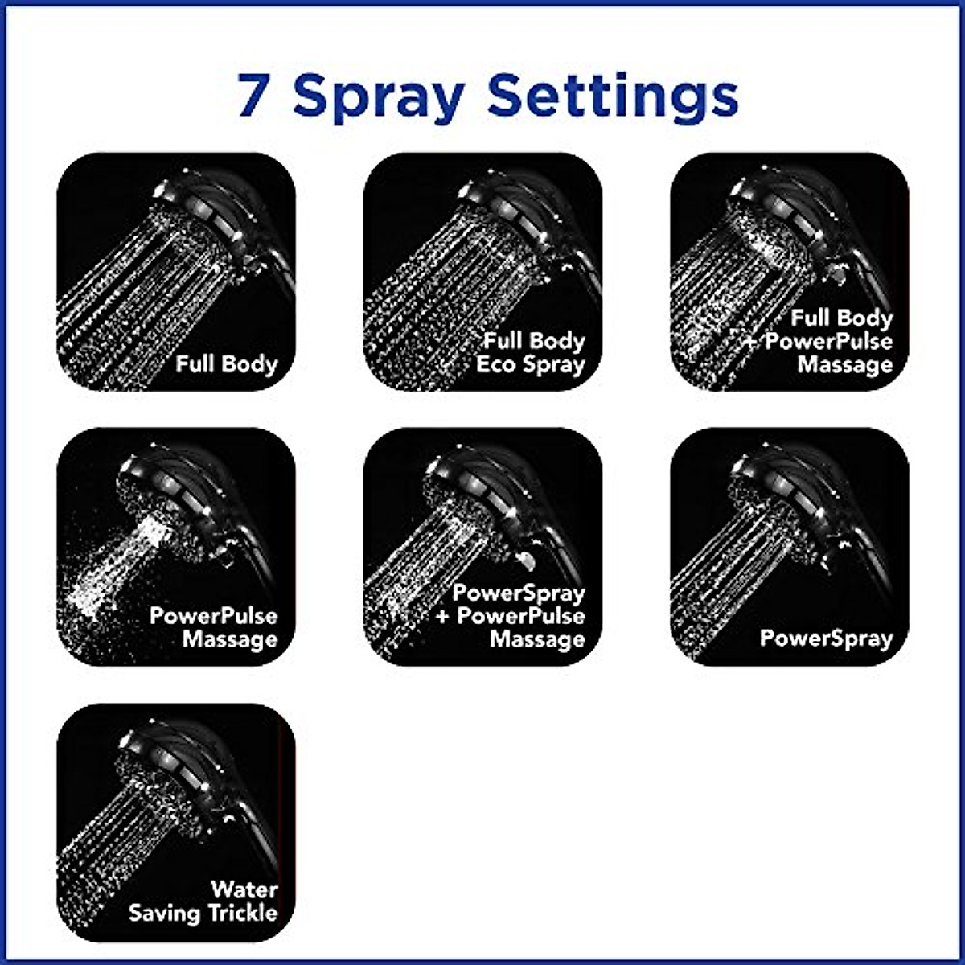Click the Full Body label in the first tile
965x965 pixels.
click(226, 363)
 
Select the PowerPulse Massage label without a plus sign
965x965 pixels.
click(214, 627)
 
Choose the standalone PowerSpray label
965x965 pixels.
click(826, 639)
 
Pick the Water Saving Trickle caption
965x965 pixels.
click(204, 901)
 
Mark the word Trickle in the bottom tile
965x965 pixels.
click(242, 913)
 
